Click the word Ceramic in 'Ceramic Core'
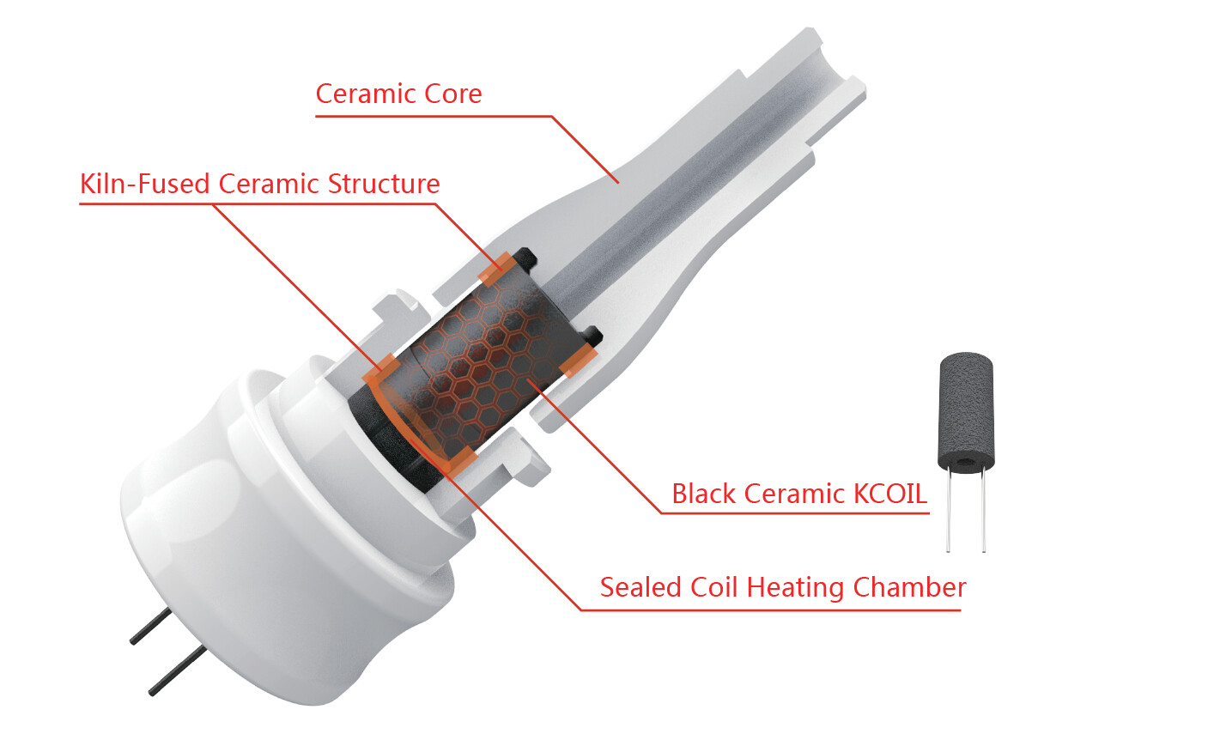tap(366, 94)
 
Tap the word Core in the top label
tap(453, 94)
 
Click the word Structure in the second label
tap(384, 184)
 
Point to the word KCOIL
tap(889, 494)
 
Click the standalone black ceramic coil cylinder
tap(966, 411)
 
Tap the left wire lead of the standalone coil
tap(948, 510)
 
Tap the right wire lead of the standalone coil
tap(984, 510)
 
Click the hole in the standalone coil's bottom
tap(966, 461)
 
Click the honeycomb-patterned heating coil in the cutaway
tap(475, 367)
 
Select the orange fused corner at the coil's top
tap(495, 270)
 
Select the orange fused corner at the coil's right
tap(579, 361)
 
